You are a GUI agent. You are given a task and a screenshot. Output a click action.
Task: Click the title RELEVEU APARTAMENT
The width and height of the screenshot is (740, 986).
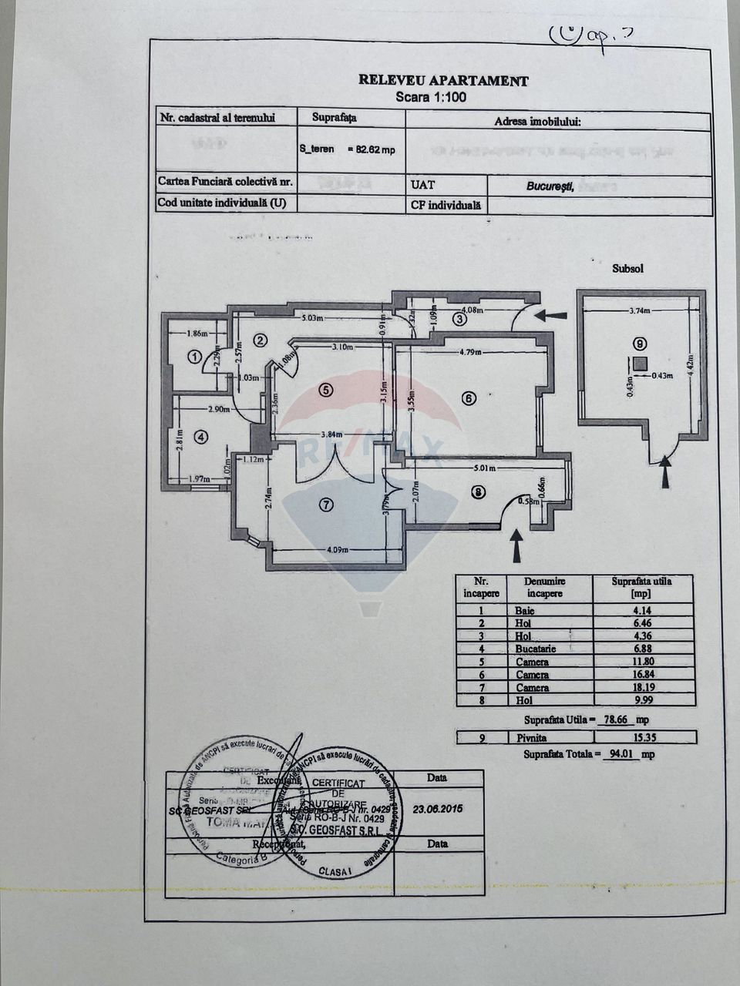point(443,80)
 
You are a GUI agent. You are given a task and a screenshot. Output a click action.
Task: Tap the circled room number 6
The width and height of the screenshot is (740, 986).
point(469,398)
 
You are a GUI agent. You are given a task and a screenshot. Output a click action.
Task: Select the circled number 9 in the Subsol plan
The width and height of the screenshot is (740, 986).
point(639,344)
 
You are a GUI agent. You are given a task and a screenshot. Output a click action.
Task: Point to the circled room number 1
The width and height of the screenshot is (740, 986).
point(194,357)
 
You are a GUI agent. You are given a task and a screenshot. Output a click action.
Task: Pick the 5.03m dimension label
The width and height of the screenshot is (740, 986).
point(311,317)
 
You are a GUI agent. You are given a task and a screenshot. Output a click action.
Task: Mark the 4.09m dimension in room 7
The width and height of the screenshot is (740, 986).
point(335,550)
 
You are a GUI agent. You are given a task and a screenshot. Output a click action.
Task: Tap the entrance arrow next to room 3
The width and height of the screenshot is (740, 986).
point(551,315)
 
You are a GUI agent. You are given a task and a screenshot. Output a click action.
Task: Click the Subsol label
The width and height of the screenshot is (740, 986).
point(627,269)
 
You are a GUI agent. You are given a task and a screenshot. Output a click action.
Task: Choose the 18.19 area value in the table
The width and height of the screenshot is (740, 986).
point(641,688)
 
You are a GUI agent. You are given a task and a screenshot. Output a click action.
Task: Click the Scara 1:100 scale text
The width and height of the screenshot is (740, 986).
point(431,97)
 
